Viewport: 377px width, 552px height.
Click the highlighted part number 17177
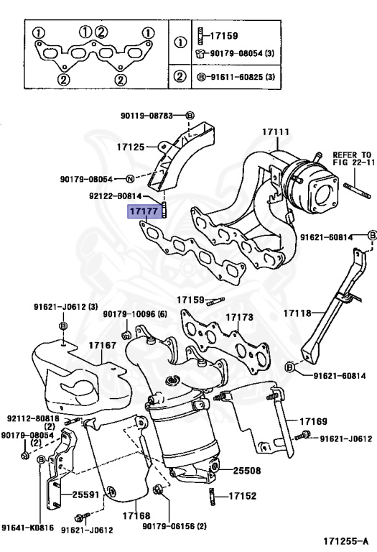[x=143, y=211]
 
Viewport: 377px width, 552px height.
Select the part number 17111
[x=275, y=132]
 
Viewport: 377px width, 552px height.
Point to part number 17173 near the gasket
[x=240, y=316]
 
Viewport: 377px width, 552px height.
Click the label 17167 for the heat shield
[x=102, y=346]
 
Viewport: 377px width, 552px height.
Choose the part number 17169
[x=313, y=420]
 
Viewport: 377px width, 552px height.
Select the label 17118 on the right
[x=297, y=313]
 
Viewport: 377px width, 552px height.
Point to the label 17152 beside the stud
[x=243, y=496]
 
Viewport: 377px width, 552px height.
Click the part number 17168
[x=135, y=515]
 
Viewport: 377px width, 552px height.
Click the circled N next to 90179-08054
[x=130, y=179]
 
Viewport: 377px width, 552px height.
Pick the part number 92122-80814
[x=116, y=195]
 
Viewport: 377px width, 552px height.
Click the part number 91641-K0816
[x=27, y=528]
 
